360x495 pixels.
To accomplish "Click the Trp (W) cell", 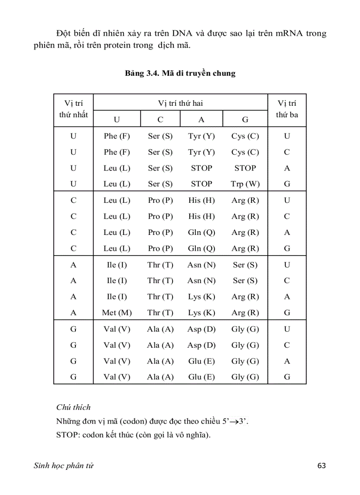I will coord(245,184).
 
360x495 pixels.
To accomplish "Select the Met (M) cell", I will coord(117,313).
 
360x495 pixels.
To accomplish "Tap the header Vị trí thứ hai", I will coord(180,104).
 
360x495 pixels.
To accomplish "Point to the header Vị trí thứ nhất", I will coord(73,109).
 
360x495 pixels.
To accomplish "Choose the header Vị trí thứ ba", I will coord(287,109).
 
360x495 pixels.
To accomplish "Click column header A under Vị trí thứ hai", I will coord(201,119).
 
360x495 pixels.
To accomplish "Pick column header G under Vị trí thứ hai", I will coord(245,119).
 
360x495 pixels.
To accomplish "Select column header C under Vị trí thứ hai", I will coord(160,119).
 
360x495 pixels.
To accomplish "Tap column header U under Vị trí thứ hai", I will coord(117,119).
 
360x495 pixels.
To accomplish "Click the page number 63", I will coord(321,465).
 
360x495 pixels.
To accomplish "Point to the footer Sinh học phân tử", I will coord(64,465).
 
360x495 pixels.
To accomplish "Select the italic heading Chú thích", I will coord(73,407).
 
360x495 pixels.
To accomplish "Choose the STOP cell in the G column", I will coord(245,168).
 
